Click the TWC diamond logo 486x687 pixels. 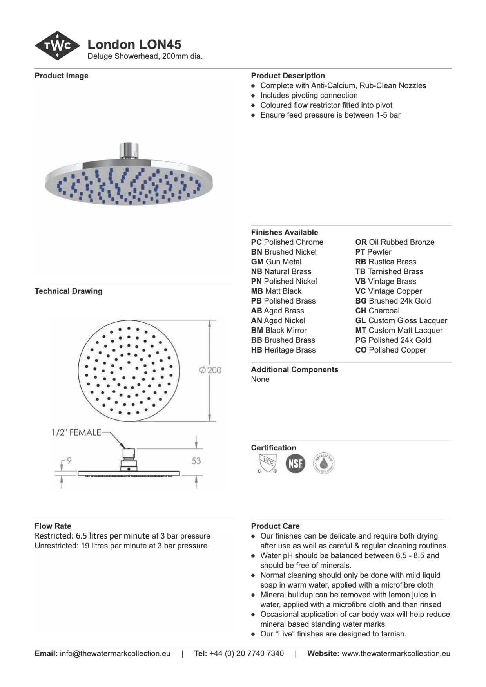(x=58, y=46)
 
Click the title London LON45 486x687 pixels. (x=134, y=44)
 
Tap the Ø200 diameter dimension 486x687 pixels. (x=210, y=370)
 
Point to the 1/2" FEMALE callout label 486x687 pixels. (x=76, y=432)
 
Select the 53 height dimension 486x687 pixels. (x=196, y=461)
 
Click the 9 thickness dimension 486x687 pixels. (x=69, y=461)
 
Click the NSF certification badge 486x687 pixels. (x=295, y=464)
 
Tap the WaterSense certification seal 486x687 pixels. (x=324, y=464)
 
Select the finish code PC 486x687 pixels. (x=256, y=242)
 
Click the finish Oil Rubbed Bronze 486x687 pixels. (x=401, y=242)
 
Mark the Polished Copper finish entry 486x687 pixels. (x=397, y=350)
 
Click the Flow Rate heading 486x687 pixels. (x=53, y=526)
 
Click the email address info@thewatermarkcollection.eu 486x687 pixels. (x=115, y=653)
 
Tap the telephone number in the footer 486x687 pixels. (x=247, y=653)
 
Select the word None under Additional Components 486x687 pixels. (x=260, y=379)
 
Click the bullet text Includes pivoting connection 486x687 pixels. (x=309, y=95)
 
